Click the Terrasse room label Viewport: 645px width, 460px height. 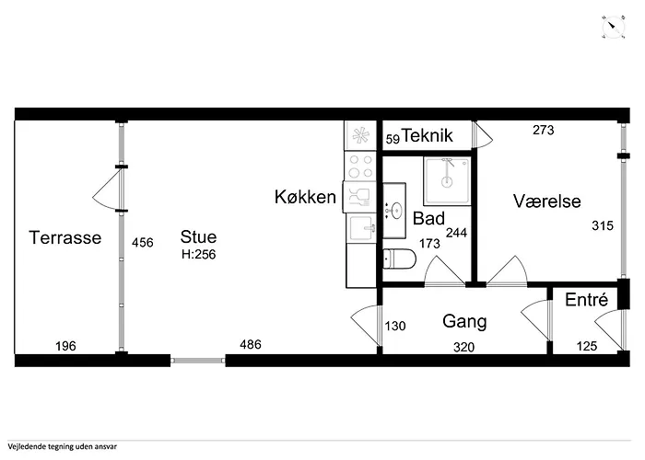(x=64, y=237)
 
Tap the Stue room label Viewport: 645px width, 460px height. (x=198, y=237)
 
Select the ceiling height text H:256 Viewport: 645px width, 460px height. (x=198, y=254)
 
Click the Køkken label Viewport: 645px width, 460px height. (x=304, y=197)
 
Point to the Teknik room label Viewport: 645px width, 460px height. (x=428, y=136)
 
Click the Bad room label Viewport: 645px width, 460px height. (x=428, y=219)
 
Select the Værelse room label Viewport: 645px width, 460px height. (x=547, y=201)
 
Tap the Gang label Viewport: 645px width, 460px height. (x=464, y=322)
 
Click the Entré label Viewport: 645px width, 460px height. (x=586, y=300)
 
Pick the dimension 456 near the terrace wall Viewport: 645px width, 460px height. (x=143, y=243)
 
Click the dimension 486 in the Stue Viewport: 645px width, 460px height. (x=251, y=345)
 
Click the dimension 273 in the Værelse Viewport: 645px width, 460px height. (x=544, y=131)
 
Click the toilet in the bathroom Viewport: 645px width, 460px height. (x=398, y=259)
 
